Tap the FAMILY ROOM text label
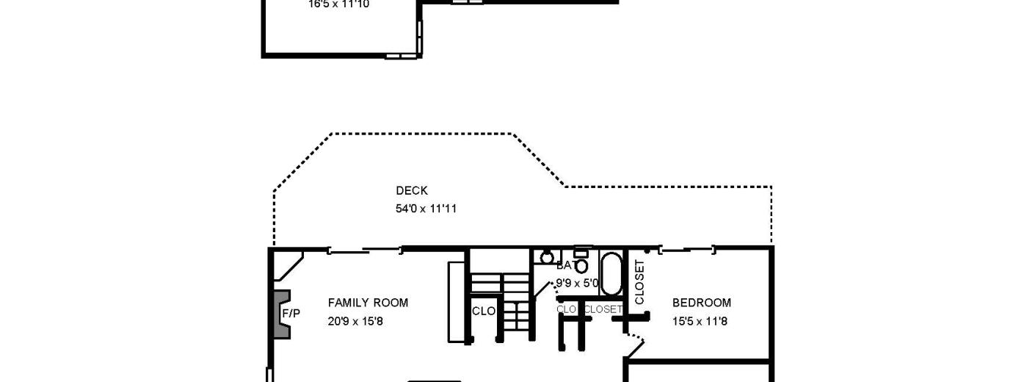368,303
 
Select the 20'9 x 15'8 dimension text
355,321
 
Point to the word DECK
412,191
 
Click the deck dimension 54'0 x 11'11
426,209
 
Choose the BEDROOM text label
702,303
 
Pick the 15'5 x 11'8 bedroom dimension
700,321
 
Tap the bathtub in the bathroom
611,273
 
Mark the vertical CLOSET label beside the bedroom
639,282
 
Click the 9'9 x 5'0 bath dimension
578,282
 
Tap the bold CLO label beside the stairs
484,311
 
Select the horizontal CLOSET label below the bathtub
603,310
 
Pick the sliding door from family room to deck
365,251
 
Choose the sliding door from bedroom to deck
687,251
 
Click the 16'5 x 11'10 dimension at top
338,4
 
